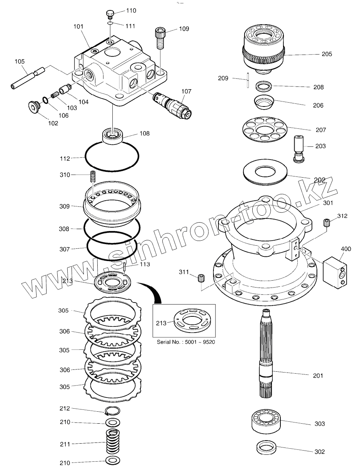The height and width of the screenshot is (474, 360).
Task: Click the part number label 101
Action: (78, 27)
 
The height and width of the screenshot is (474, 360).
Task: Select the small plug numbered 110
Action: (110, 15)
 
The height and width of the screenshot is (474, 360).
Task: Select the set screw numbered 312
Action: (327, 223)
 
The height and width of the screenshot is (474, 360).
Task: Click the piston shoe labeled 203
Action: (298, 148)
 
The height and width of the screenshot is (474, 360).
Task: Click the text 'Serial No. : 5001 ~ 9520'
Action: (186, 342)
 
